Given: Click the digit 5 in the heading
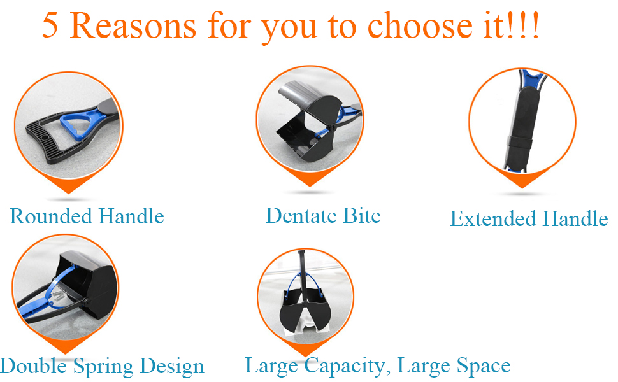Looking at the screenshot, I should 52,27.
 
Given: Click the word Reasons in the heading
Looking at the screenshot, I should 134,27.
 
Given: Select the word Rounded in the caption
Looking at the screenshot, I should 49,216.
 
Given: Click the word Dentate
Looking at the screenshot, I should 301,216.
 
